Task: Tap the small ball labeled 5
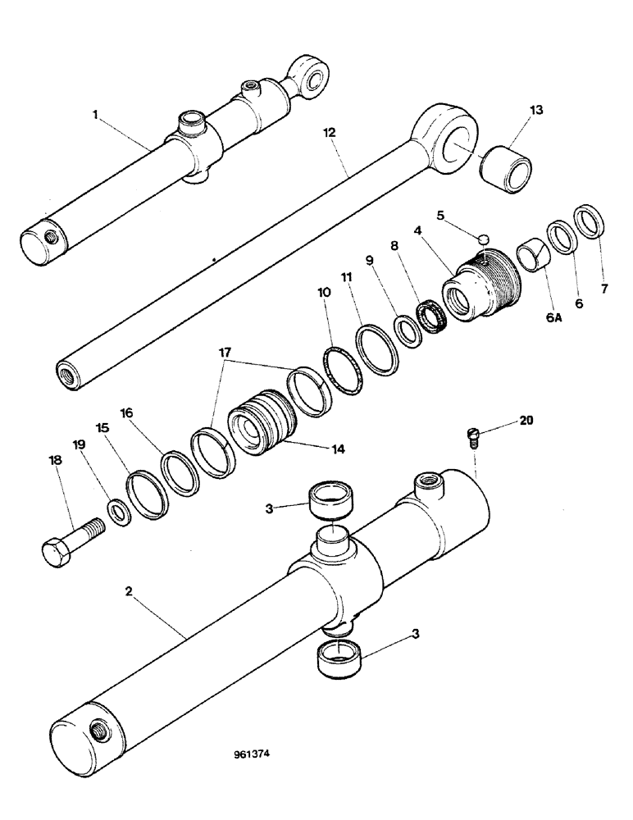click(485, 239)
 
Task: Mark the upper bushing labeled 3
click(333, 501)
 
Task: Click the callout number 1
click(95, 115)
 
